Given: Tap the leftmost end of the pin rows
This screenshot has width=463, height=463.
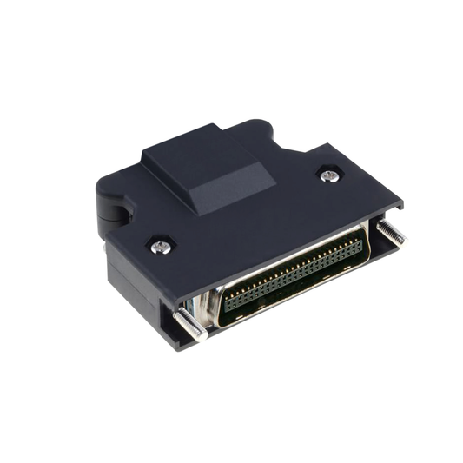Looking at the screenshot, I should pyautogui.click(x=228, y=303).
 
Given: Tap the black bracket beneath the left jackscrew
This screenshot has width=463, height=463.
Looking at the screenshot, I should pyautogui.click(x=174, y=334).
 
